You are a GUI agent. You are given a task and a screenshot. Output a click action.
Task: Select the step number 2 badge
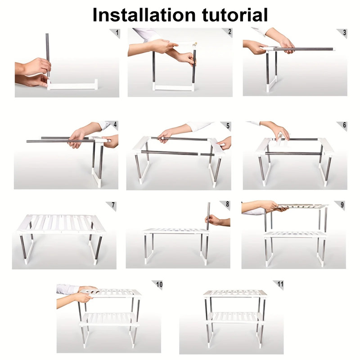pyautogui.click(x=229, y=32)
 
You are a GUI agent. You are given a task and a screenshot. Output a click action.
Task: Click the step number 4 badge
pyautogui.click(x=115, y=125)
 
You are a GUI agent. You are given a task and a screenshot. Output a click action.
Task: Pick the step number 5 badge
pyautogui.click(x=228, y=126)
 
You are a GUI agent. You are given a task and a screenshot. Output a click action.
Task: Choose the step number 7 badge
pyautogui.click(x=113, y=205)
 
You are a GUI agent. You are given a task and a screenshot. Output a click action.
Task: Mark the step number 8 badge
pyautogui.click(x=227, y=204)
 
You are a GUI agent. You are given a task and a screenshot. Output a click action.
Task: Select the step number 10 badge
pyautogui.click(x=159, y=284)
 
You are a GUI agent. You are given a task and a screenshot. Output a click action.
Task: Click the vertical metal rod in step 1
pyautogui.click(x=47, y=54)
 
